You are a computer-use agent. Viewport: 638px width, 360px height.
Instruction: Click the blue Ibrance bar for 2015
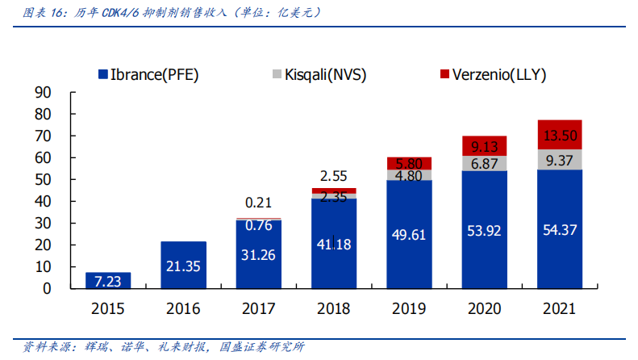pyautogui.click(x=108, y=280)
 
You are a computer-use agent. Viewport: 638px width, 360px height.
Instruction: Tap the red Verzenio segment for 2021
pyautogui.click(x=559, y=135)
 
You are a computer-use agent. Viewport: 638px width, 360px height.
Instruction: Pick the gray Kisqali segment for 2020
pyautogui.click(x=484, y=163)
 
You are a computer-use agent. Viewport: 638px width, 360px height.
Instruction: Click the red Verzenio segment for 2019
pyautogui.click(x=409, y=163)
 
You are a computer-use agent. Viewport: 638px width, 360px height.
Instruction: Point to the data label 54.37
pyautogui.click(x=559, y=231)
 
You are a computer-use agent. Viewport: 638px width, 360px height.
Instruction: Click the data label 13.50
pyautogui.click(x=559, y=135)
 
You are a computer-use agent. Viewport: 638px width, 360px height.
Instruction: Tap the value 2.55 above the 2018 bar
pyautogui.click(x=333, y=176)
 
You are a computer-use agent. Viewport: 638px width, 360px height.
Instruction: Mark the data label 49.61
pyautogui.click(x=409, y=235)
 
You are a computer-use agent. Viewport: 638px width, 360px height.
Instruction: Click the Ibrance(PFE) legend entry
pyautogui.click(x=148, y=75)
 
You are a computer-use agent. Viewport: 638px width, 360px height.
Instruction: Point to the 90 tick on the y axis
pyautogui.click(x=43, y=92)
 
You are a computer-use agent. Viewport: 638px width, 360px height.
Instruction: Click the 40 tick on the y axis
pyautogui.click(x=43, y=201)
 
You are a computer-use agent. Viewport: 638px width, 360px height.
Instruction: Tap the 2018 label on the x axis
pyautogui.click(x=333, y=308)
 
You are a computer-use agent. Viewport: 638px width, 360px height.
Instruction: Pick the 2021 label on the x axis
pyautogui.click(x=559, y=308)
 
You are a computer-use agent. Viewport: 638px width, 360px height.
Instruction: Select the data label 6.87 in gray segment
pyautogui.click(x=484, y=163)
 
